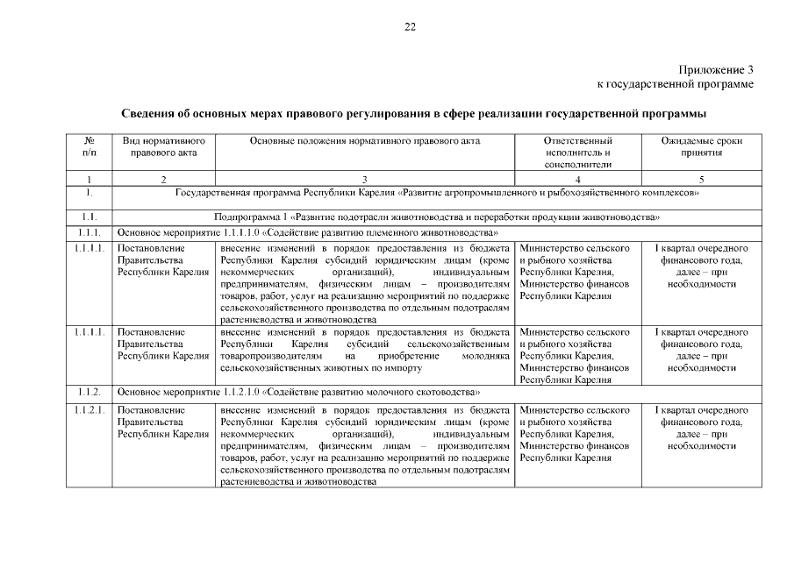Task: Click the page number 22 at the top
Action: [410, 27]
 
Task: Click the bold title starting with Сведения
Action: [413, 114]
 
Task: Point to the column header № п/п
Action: [89, 146]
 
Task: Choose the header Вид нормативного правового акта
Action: [163, 146]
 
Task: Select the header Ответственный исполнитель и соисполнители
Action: [577, 152]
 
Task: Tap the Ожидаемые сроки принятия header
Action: [701, 146]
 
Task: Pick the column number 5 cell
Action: [701, 179]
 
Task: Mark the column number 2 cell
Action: [163, 179]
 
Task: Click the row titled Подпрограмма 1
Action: [436, 217]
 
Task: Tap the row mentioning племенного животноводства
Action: [308, 232]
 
